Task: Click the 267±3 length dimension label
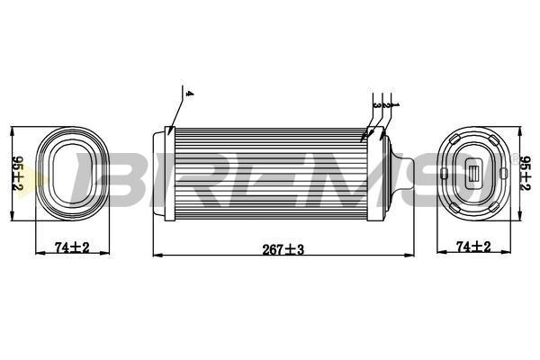(x=283, y=249)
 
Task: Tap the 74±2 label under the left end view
(x=72, y=247)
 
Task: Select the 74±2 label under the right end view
(x=473, y=247)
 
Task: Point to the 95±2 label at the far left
(x=17, y=174)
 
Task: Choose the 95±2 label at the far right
(x=525, y=174)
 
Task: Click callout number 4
(x=189, y=94)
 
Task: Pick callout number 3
(x=377, y=105)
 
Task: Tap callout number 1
(x=396, y=104)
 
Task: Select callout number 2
(x=386, y=104)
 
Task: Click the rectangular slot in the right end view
(x=474, y=174)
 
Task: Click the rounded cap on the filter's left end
(x=158, y=174)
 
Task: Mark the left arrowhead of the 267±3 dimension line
(x=157, y=256)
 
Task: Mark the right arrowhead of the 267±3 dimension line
(x=409, y=256)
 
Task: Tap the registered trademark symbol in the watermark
(x=515, y=159)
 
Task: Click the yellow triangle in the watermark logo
(x=34, y=180)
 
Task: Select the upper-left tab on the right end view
(x=454, y=139)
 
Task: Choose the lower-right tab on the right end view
(x=494, y=207)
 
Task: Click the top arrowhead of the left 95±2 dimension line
(x=13, y=131)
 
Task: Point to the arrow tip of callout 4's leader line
(x=168, y=135)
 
